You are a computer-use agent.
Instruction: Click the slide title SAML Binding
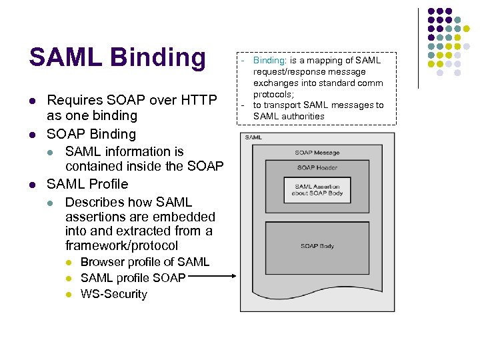tap(117, 57)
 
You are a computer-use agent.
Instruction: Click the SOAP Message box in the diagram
tap(317, 153)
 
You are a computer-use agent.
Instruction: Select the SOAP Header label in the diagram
tap(317, 168)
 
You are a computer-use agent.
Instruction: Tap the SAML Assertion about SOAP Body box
tap(317, 189)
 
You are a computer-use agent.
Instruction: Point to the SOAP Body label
tap(317, 246)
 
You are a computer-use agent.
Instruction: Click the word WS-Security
tap(114, 294)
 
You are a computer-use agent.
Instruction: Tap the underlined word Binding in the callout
tap(269, 61)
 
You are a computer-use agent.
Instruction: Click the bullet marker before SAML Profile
tap(31, 184)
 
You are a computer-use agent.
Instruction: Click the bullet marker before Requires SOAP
tap(31, 101)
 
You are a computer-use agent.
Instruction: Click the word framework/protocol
tap(121, 246)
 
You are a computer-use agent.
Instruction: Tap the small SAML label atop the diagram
tap(253, 137)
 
